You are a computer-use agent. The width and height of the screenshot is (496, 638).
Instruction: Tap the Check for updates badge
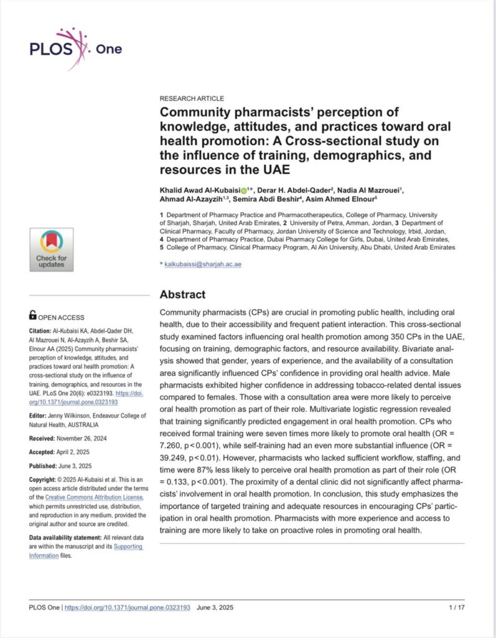point(51,249)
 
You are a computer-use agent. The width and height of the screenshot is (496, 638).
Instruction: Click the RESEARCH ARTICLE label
point(192,98)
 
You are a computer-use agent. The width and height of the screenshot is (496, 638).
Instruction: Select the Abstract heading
point(182,294)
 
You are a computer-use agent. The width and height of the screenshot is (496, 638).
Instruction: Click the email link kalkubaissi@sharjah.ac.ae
point(203,265)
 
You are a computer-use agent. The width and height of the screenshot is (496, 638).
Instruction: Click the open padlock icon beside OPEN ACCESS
point(33,316)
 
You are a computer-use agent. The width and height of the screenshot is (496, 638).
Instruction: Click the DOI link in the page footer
point(128,607)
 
